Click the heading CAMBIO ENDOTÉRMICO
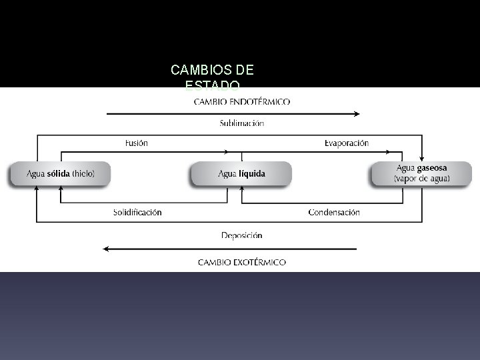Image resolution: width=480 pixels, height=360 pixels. (x=242, y=102)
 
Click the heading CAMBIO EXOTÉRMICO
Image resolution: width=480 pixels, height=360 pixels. (x=242, y=262)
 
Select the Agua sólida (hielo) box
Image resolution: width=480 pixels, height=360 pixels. (x=61, y=174)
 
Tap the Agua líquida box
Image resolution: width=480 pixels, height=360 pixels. (x=241, y=174)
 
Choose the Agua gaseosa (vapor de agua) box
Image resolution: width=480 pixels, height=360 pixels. (x=421, y=173)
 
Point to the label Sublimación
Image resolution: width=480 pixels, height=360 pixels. (x=241, y=123)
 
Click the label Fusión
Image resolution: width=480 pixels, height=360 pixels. (x=136, y=143)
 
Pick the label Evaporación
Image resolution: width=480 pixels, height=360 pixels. (x=346, y=143)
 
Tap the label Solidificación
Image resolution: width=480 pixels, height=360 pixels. (x=137, y=212)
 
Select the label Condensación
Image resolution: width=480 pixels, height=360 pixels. (x=334, y=212)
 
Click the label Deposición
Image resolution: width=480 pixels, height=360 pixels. (x=241, y=235)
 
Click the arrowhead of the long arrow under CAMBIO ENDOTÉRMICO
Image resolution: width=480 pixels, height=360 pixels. (x=357, y=114)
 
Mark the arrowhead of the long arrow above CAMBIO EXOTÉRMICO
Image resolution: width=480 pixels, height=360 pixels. (x=106, y=249)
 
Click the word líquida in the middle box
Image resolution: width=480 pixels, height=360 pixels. (x=252, y=174)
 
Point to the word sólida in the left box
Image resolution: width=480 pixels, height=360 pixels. (x=59, y=174)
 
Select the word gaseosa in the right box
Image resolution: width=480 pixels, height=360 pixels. (x=431, y=169)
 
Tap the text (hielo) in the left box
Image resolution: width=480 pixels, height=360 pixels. (x=84, y=174)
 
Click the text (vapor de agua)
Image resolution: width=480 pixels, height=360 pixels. (x=421, y=179)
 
